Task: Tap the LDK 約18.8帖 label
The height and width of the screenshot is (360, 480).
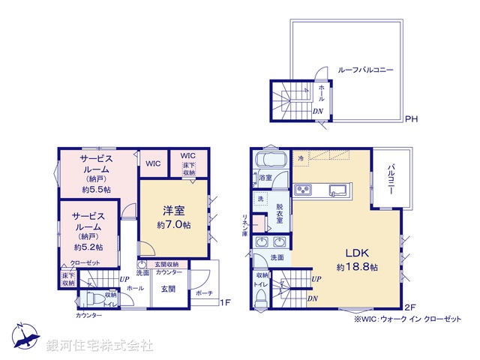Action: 356,259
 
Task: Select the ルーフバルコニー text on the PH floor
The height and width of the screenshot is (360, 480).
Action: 366,70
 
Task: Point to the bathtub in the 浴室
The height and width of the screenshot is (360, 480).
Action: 267,161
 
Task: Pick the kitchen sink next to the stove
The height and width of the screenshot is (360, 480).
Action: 335,188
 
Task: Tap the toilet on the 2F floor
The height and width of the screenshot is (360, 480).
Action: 260,296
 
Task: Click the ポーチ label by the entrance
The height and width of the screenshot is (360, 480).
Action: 204,293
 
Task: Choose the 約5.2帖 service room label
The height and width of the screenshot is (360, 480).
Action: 88,231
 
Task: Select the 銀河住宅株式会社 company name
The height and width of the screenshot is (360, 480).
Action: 99,346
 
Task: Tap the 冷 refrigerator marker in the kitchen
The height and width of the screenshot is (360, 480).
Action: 301,157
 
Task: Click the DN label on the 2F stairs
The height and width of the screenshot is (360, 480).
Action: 311,298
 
